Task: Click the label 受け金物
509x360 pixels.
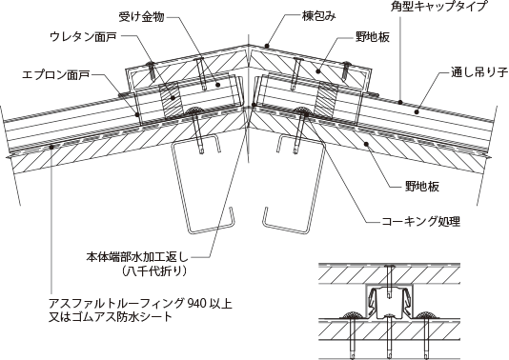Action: tap(141, 17)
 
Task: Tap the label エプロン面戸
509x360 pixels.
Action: tap(55, 75)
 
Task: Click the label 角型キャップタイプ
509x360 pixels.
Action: tap(439, 6)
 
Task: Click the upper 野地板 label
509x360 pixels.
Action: tap(373, 37)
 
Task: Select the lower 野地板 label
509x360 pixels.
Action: tap(422, 187)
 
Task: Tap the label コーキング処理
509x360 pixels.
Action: tap(420, 222)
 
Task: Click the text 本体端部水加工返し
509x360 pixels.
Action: tap(137, 257)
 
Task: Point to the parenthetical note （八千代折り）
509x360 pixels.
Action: tap(154, 270)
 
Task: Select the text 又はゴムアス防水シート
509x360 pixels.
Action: tap(111, 317)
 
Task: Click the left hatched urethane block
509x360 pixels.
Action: tap(172, 99)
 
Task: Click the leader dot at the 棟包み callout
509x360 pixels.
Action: tap(267, 46)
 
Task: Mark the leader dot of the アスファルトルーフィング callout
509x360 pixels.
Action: tap(51, 148)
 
